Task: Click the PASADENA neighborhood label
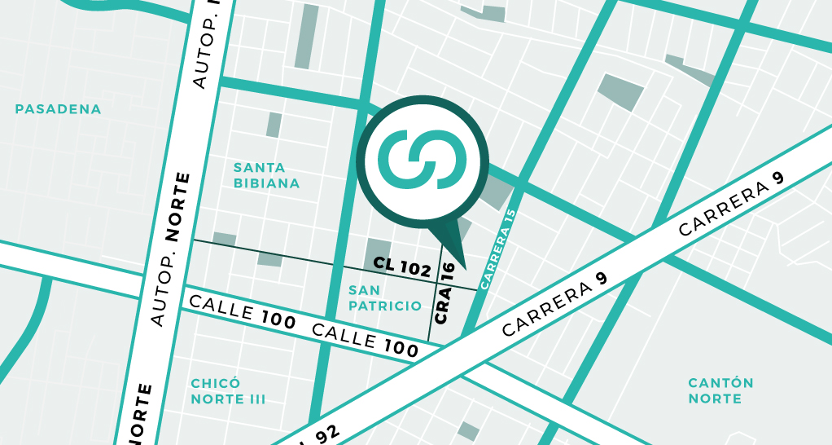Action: pos(58,109)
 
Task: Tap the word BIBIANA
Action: pos(266,183)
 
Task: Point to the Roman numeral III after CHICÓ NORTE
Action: pos(257,399)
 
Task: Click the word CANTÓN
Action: pos(720,383)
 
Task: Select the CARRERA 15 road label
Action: pos(498,249)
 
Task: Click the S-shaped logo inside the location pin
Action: pos(423,158)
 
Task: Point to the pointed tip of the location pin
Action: pos(465,267)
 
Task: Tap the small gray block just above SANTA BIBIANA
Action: pos(274,125)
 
